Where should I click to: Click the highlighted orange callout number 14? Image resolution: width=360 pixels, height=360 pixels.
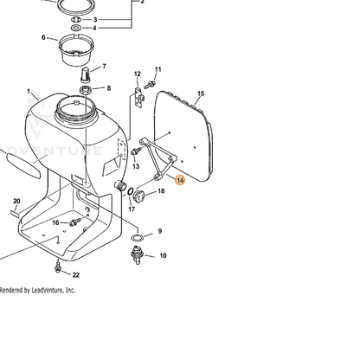pos(180,181)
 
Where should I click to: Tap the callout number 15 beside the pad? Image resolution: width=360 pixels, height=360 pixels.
pos(201,93)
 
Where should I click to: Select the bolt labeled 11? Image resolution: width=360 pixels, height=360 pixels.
pos(150,84)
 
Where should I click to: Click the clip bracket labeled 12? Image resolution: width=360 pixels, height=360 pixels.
pos(139,97)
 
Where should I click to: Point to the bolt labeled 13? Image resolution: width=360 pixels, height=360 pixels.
pos(136,151)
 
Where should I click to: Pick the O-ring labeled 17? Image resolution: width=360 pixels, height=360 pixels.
pos(131,191)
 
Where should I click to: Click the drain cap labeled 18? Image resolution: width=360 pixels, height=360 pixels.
pos(139,196)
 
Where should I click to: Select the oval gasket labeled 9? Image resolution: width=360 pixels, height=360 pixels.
pos(138,238)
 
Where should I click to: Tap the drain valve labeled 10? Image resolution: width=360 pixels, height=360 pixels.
pos(138,254)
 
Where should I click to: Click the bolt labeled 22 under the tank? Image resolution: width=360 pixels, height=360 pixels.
pos(58,267)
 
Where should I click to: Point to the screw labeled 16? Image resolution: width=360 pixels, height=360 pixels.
pos(74,222)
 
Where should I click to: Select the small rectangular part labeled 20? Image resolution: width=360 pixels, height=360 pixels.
pos(15,214)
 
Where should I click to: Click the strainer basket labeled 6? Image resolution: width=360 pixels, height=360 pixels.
pos(74,49)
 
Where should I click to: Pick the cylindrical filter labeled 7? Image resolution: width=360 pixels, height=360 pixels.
pos(86,74)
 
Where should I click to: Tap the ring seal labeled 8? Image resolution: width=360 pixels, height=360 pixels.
pos(86,90)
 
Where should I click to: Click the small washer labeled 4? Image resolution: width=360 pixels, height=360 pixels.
pos(76,28)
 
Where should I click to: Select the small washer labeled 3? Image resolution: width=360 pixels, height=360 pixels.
pos(76,20)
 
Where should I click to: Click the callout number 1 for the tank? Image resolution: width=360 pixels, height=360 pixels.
pos(29,91)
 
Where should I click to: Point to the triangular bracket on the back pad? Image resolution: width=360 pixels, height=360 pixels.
pos(158,158)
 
